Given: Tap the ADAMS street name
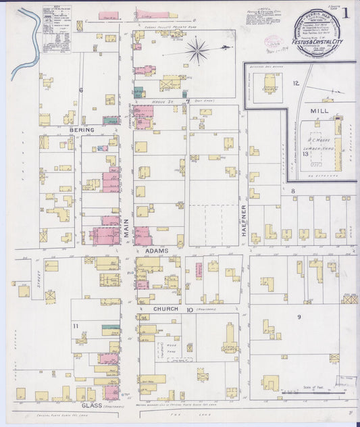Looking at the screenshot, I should point(157,250).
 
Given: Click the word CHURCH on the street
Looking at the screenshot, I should point(155,309).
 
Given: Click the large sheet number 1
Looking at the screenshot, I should point(346,13).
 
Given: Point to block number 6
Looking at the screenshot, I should point(80,90).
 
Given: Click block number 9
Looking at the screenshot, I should point(298,316).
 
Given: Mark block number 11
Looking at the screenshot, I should point(76,327).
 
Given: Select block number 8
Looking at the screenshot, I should point(292,192).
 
